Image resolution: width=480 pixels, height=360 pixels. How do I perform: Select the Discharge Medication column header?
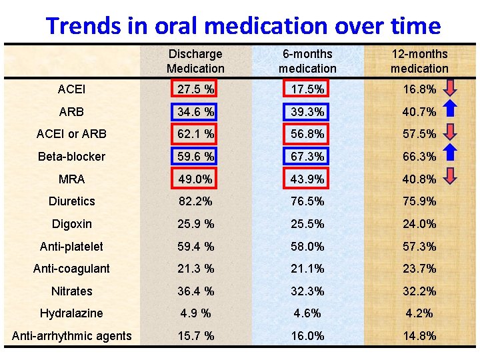195,61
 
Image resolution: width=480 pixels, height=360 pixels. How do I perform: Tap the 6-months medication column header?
307,61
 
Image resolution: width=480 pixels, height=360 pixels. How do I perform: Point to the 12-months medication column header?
419,61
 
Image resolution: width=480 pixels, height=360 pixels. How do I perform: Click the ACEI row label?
71,89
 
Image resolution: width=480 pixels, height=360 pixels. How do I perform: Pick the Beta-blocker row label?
71,157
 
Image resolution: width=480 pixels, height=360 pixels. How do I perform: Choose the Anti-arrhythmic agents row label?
71,336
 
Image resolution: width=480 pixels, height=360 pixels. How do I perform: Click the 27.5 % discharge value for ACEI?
195,89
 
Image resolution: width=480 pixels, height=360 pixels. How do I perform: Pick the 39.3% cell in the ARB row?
307,111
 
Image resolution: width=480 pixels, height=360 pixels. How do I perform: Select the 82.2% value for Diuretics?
195,201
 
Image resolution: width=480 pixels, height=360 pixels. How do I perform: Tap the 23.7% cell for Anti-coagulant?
419,269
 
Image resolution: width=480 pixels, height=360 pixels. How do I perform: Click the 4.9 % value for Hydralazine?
195,313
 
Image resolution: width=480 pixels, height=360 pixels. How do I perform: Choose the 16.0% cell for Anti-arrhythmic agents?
307,336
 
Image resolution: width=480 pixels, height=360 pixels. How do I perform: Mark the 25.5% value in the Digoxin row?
307,224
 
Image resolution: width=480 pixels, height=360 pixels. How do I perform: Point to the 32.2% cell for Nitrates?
419,291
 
